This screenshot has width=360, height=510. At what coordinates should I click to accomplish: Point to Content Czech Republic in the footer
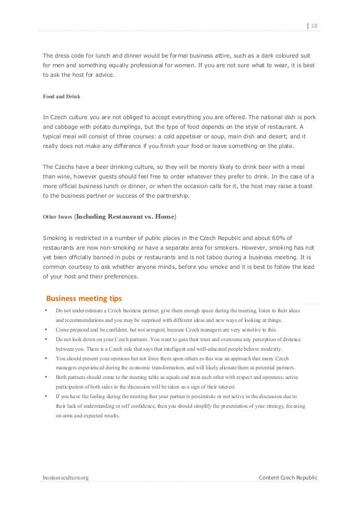click(x=288, y=478)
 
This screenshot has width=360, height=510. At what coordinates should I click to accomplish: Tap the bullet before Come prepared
click(x=46, y=329)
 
